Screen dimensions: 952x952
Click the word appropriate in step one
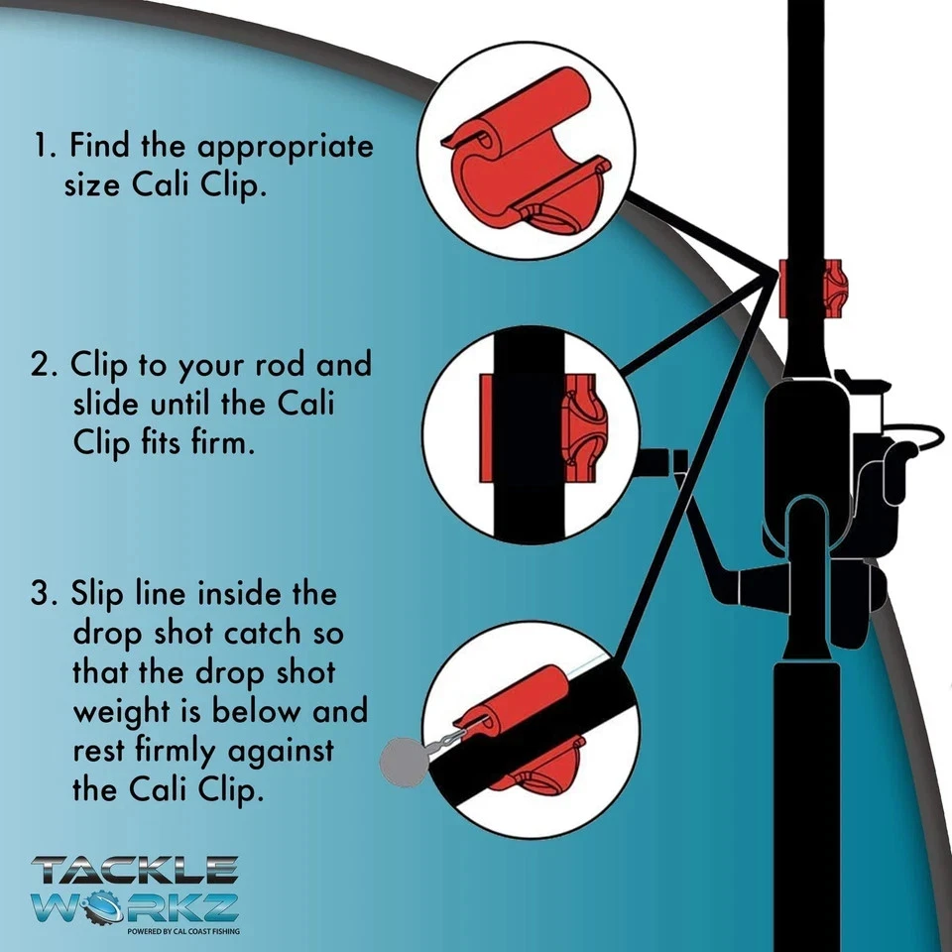pos(285,149)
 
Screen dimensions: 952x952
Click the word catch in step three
pos(262,633)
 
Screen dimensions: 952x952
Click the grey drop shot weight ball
pos(404,762)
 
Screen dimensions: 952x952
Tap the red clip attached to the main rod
pos(812,288)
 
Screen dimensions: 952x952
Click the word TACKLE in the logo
pos(135,870)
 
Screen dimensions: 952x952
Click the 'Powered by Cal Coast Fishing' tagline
pos(183,931)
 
